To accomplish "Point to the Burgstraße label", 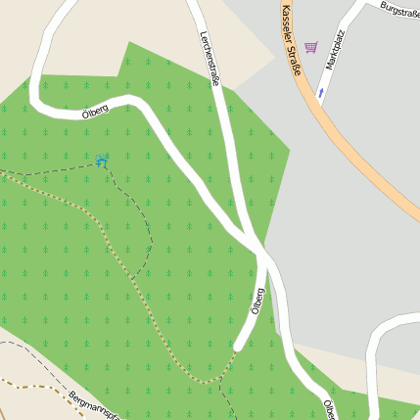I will pos(399,11).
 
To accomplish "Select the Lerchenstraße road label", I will pos(210,59).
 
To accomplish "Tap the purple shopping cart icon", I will pos(311,47).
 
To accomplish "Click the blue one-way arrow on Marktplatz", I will pos(320,94).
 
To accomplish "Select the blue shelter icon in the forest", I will pos(103,159).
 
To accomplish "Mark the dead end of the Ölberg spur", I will pos(239,346).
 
